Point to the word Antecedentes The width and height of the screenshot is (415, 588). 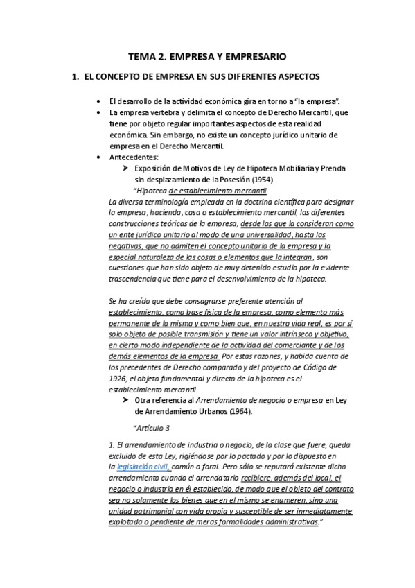tap(133, 157)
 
